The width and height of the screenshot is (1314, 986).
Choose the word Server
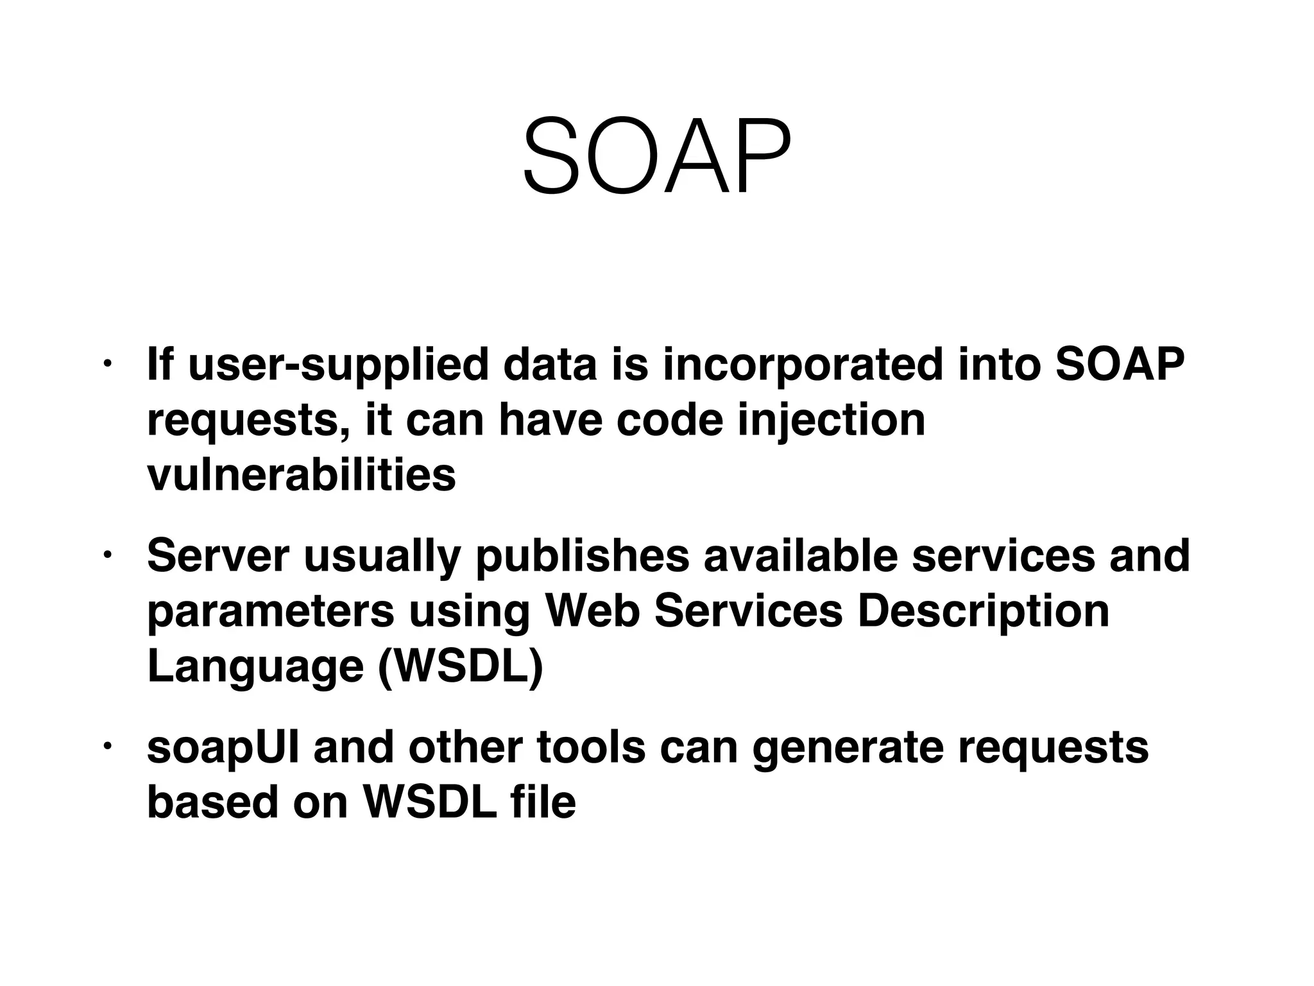pos(218,556)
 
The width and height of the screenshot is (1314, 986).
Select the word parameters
pos(270,611)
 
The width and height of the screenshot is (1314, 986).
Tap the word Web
pos(592,611)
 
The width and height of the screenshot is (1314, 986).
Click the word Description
pos(983,611)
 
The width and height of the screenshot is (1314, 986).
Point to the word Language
pos(255,666)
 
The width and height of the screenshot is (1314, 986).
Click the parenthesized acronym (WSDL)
pos(460,666)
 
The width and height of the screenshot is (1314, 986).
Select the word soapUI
pos(223,748)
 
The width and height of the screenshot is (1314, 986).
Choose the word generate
pos(848,748)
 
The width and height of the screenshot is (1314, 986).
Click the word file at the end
pos(544,802)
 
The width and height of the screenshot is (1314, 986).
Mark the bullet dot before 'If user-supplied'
pos(107,365)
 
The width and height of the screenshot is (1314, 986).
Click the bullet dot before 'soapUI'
pos(107,747)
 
